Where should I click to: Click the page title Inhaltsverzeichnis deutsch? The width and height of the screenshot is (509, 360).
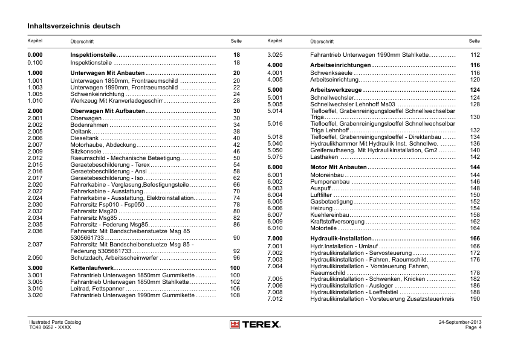74,27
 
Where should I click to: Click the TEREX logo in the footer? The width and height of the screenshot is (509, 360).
254,325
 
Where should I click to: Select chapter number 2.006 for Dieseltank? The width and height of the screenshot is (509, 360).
35,138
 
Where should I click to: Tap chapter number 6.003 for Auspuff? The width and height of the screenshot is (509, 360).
275,188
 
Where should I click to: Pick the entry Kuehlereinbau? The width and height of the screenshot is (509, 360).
329,215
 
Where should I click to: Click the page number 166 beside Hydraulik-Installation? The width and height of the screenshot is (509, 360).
475,239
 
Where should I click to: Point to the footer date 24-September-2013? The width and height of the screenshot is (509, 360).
460,323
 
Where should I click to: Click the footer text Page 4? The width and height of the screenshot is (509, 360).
473,328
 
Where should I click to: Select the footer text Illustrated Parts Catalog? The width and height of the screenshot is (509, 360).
55,323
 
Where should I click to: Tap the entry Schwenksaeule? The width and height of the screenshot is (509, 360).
331,73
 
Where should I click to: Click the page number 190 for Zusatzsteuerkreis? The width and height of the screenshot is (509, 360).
475,299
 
